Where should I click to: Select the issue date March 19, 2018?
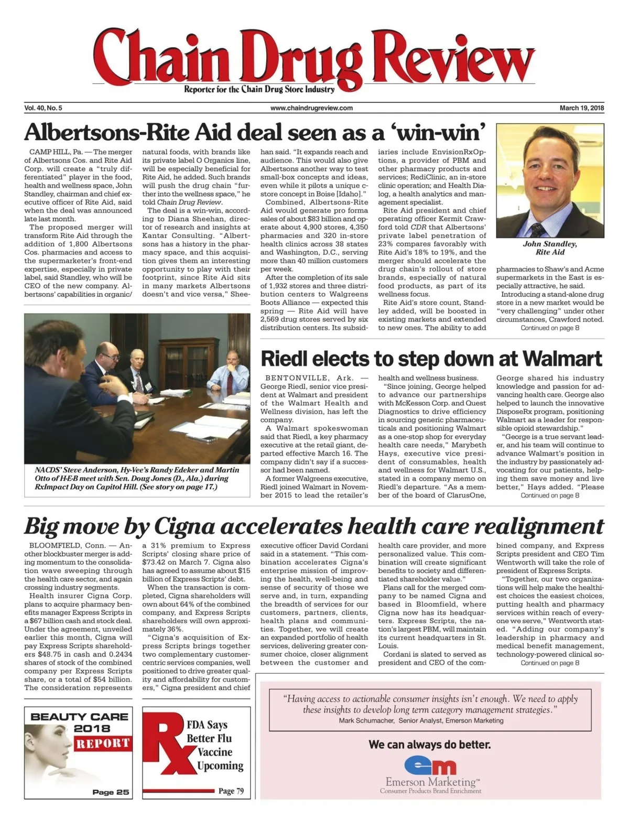pos(581,108)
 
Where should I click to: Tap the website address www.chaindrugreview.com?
pos(311,108)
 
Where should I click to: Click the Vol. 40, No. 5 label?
pos(44,108)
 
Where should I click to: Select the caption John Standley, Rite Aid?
pos(550,248)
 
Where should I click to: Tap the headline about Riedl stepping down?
pos(431,359)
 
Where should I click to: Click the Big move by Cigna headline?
pos(314,526)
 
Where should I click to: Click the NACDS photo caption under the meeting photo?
pos(136,478)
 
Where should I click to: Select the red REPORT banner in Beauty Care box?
pos(102,743)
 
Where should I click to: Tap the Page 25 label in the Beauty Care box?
pos(110,792)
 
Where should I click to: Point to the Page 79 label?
pos(231,791)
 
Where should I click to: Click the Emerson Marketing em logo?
pos(430,766)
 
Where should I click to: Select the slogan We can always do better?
pos(429,744)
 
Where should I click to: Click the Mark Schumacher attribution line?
pos(421,720)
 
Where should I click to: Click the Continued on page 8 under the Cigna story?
pos(550,663)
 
